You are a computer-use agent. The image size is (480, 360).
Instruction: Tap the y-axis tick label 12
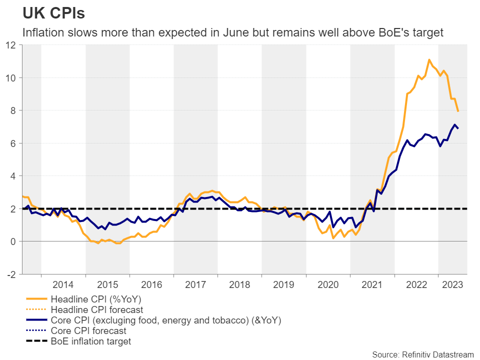[11, 45]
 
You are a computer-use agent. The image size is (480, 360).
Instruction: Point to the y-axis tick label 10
[11, 78]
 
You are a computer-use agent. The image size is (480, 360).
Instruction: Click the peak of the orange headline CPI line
[429, 60]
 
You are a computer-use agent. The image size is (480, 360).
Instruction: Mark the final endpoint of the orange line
[458, 111]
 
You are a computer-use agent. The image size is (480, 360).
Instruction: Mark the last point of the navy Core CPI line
[458, 128]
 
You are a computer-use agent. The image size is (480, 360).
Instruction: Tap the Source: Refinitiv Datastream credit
[422, 354]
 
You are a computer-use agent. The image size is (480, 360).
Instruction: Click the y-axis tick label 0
[13, 241]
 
